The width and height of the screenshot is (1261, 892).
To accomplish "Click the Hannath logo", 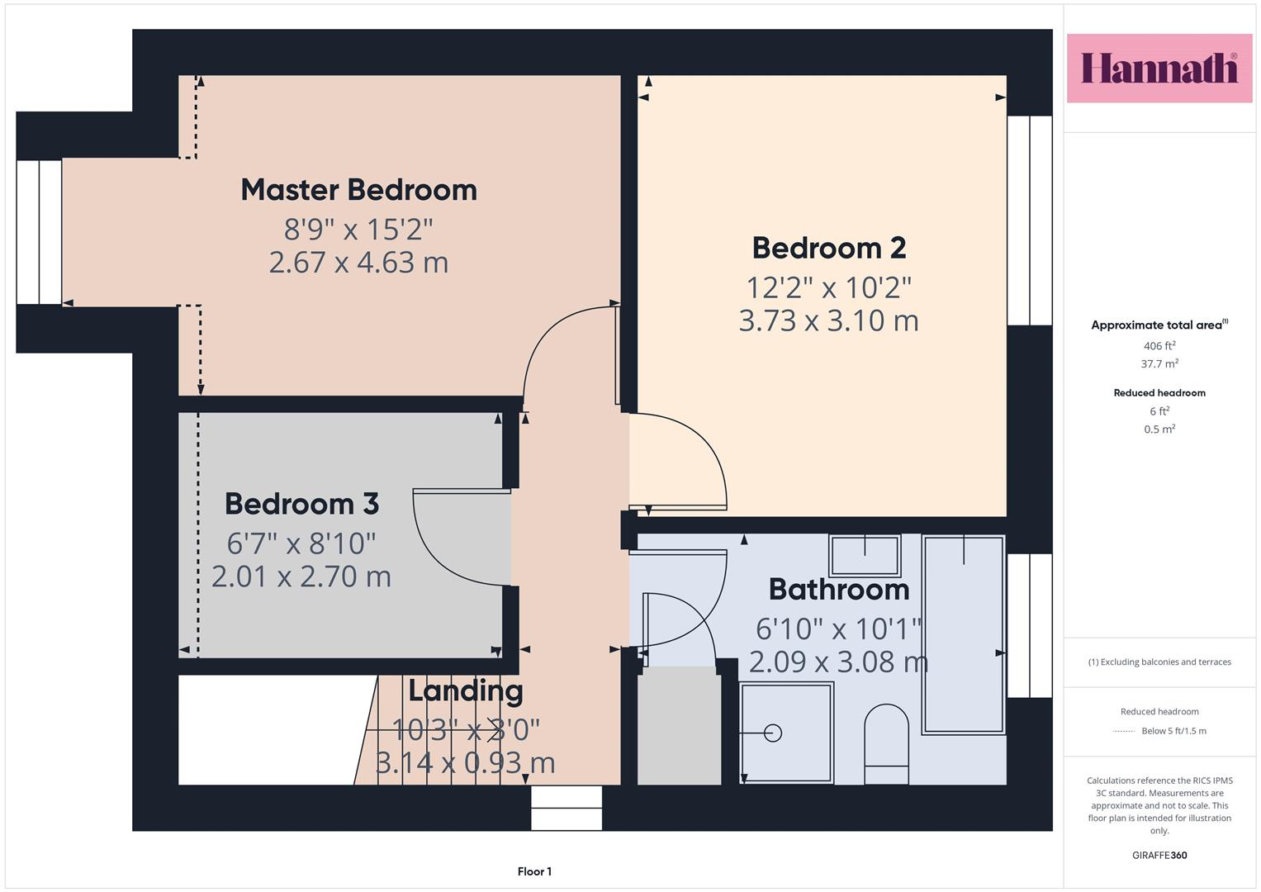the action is pos(1159,68).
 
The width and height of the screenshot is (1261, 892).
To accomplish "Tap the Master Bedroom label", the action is pos(358,190).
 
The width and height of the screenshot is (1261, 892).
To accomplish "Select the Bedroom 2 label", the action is pos(828,249).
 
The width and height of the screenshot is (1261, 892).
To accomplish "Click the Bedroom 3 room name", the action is pos(301,504).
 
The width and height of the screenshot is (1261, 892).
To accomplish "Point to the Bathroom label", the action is pos(839,590).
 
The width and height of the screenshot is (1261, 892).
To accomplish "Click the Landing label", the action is pos(466,691).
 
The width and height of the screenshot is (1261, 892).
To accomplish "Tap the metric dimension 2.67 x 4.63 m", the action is pos(358,263).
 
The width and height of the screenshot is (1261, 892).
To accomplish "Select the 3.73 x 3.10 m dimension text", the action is pos(828,320).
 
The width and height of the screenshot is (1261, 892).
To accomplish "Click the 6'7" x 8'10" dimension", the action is pos(301,543).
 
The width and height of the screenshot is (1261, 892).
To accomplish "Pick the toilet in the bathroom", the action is pos(886,743).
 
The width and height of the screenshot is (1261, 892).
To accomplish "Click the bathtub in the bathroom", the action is pos(963,635).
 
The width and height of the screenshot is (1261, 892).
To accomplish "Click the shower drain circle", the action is pos(773,733).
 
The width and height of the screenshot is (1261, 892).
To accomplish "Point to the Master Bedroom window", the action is pos(39,233).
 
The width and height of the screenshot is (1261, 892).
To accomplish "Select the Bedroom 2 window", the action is pos(1030,221).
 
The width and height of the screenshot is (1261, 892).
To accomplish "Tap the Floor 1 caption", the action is pos(534,871).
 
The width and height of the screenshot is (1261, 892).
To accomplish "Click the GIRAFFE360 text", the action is pos(1159,855).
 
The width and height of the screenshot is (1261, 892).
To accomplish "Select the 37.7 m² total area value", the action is pos(1159,363).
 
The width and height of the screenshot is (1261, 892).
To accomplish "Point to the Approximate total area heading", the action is pos(1159,325).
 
